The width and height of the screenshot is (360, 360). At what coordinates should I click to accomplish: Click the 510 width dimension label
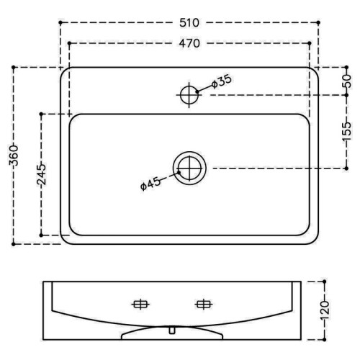click(x=189, y=23)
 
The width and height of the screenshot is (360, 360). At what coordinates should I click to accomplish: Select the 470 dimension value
click(x=189, y=43)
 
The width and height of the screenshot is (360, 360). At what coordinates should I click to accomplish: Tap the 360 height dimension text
click(x=14, y=156)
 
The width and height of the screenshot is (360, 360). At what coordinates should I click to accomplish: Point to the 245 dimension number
click(x=41, y=174)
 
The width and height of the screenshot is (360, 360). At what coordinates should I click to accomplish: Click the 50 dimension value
click(x=346, y=81)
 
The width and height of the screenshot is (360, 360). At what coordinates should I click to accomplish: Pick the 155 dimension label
click(x=346, y=132)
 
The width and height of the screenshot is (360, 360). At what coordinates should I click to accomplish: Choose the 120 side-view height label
click(x=325, y=310)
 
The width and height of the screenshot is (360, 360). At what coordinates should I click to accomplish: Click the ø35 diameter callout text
click(x=221, y=81)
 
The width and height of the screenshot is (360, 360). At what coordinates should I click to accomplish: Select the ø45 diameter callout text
click(x=150, y=184)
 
